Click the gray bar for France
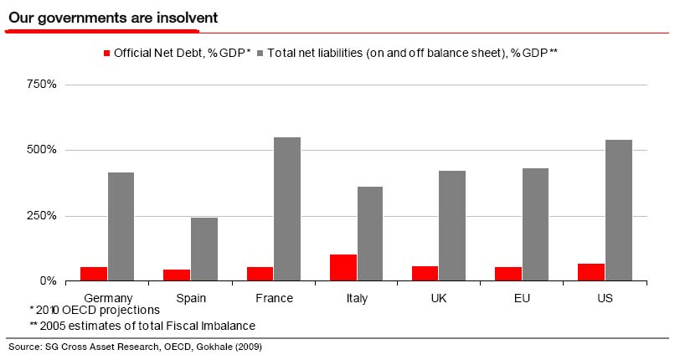[287, 208]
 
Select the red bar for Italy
[343, 267]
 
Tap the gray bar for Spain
[204, 249]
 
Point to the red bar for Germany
[95, 273]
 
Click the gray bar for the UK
[453, 225]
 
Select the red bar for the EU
[508, 273]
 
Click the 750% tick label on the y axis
[41, 85]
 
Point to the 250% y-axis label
[41, 216]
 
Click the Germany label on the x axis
[108, 297]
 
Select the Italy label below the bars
[357, 297]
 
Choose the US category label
[605, 297]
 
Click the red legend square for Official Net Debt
[106, 54]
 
